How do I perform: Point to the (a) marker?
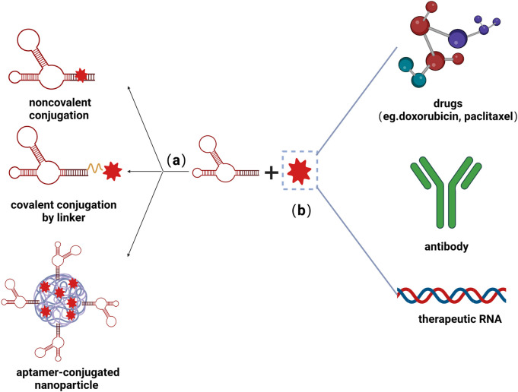(176, 161)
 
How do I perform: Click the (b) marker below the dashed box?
(299, 210)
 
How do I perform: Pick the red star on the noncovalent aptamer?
(81, 75)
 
